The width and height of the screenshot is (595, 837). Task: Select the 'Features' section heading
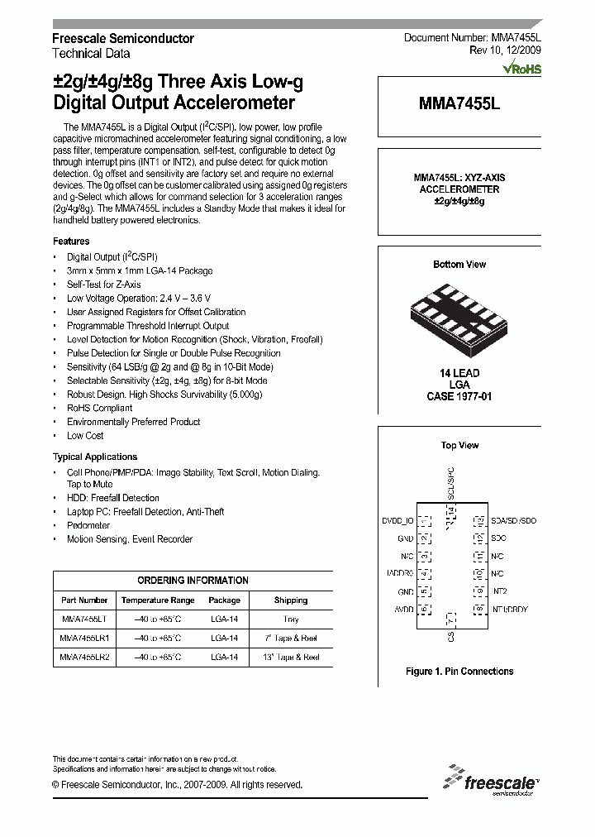71,242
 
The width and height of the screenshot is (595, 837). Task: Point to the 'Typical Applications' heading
95,457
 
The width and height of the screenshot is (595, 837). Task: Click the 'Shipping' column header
290,600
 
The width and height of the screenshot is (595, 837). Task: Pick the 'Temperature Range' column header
158,600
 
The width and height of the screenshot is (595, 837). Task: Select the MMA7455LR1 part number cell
85,638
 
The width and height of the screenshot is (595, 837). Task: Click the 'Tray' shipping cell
290,619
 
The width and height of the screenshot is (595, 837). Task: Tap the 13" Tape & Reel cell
290,657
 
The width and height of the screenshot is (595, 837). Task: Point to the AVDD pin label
402,609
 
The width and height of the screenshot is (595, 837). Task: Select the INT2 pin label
501,591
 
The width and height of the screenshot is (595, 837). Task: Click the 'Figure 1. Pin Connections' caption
459,672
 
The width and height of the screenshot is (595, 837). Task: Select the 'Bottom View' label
459,265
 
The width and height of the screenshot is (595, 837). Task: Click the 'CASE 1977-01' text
459,396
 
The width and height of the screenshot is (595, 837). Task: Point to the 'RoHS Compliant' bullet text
99,408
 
